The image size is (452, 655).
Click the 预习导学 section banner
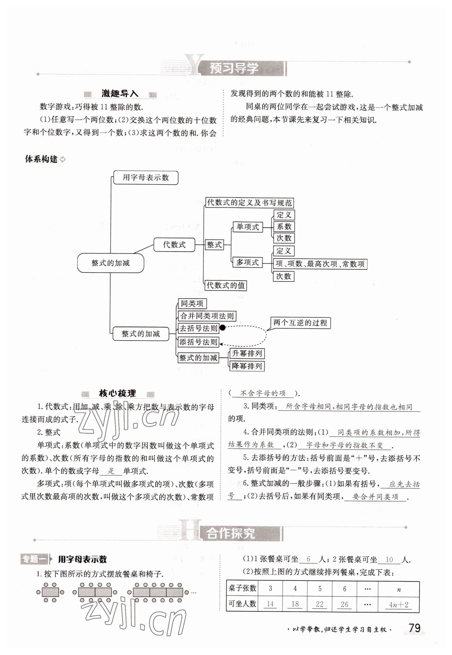pyautogui.click(x=234, y=69)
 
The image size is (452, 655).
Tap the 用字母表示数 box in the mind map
pyautogui.click(x=146, y=178)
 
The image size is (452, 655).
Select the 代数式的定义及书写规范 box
pyautogui.click(x=249, y=203)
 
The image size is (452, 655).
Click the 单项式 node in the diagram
pyautogui.click(x=247, y=227)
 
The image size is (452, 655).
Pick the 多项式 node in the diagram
pyautogui.click(x=247, y=263)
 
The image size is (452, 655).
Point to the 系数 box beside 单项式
pyautogui.click(x=284, y=227)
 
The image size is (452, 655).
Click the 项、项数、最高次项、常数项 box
pyautogui.click(x=320, y=264)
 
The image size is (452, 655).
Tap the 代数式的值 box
pyautogui.click(x=226, y=285)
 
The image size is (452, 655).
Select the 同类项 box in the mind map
pyautogui.click(x=192, y=304)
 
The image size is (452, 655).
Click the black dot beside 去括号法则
pyautogui.click(x=223, y=328)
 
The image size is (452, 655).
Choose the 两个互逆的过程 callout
pyautogui.click(x=300, y=323)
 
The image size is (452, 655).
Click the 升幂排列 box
pyautogui.click(x=247, y=353)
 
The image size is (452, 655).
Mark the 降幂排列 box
pyautogui.click(x=247, y=366)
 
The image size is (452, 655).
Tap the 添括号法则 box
pyautogui.click(x=198, y=342)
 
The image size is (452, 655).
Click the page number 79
pyautogui.click(x=414, y=628)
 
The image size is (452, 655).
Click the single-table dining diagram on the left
pyautogui.click(x=50, y=592)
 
